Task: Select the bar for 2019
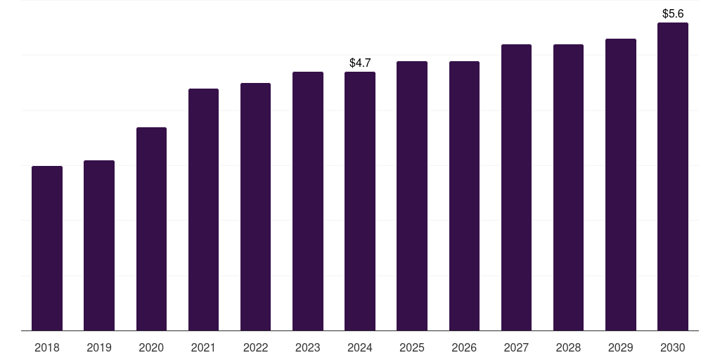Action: (x=99, y=245)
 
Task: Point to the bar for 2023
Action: (x=308, y=201)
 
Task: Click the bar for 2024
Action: (x=360, y=201)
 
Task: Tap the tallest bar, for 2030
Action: (x=673, y=176)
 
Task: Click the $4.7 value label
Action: (x=360, y=63)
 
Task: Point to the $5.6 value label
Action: (x=673, y=13)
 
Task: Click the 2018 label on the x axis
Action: (x=47, y=347)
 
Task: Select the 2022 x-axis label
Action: (x=255, y=347)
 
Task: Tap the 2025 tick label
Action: (x=412, y=347)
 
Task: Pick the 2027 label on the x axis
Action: (x=516, y=347)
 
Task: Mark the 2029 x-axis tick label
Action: (x=620, y=347)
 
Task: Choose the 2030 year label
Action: (x=673, y=347)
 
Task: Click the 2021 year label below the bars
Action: (x=203, y=347)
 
